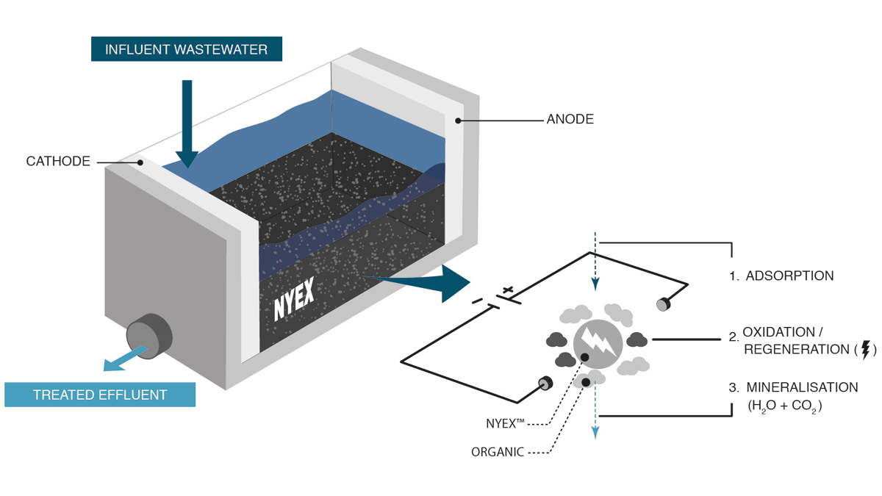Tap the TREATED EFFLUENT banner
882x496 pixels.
[x=100, y=395]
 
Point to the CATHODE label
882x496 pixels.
[x=58, y=161]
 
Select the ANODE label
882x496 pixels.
[x=570, y=118]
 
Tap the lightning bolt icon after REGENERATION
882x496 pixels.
[x=865, y=349]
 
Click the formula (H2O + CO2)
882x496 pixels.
[x=784, y=405]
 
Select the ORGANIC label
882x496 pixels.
[x=497, y=452]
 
